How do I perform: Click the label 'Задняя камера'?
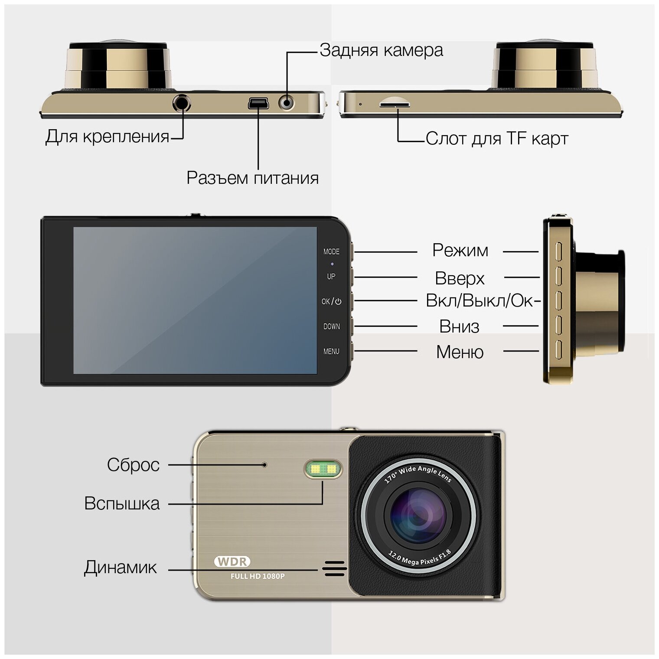click(x=381, y=50)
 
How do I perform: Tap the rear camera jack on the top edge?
click(x=286, y=103)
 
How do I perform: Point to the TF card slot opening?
click(x=395, y=104)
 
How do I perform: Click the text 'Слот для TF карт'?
click(x=497, y=139)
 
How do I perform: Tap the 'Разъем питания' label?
click(x=252, y=178)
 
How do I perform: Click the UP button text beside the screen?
click(x=331, y=276)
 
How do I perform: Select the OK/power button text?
click(x=331, y=301)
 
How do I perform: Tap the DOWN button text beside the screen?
click(x=332, y=326)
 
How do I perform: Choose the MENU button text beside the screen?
click(x=331, y=351)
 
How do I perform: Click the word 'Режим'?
click(x=460, y=251)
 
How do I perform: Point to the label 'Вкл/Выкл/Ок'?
click(x=480, y=300)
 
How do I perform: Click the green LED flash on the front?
click(x=323, y=469)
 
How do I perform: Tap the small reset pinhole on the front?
click(x=265, y=465)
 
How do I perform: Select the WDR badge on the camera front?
click(x=232, y=561)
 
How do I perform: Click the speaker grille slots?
click(x=334, y=568)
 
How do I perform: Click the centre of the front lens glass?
click(x=418, y=515)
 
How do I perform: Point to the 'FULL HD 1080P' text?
click(x=258, y=576)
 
